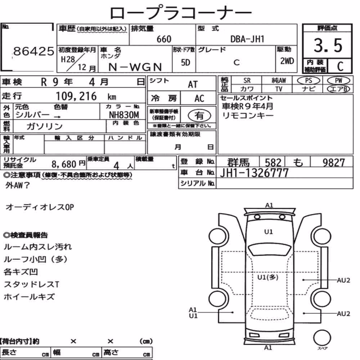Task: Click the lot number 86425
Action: point(34,51)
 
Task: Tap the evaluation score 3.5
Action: point(328,45)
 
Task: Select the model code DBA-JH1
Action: point(247,39)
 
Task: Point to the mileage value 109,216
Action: point(76,96)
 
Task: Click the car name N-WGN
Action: point(135,67)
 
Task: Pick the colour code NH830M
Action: point(124,115)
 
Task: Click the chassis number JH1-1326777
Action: point(254,173)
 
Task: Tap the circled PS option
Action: point(309,81)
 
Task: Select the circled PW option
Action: point(338,81)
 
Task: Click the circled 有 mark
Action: point(199,116)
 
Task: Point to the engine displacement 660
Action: point(164,39)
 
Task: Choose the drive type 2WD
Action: point(287,61)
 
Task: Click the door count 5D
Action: point(185,62)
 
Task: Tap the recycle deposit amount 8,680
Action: point(64,164)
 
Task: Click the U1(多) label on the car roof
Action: point(268,277)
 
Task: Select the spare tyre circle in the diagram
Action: point(322,338)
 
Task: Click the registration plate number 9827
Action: point(334,163)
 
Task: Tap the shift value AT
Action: point(193,85)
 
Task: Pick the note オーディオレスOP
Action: point(40,207)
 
